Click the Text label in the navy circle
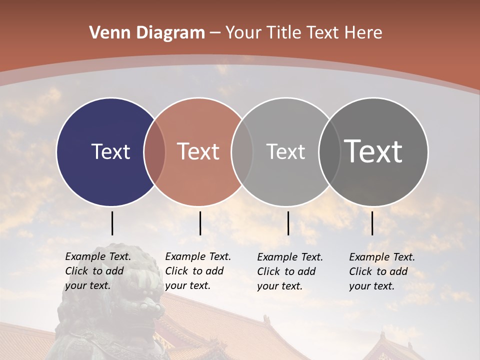pyautogui.click(x=110, y=151)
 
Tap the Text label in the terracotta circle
pyautogui.click(x=198, y=151)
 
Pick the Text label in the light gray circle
pyautogui.click(x=285, y=151)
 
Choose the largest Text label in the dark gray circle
pyautogui.click(x=373, y=151)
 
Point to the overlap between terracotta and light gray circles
pyautogui.click(x=242, y=151)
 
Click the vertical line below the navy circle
pyautogui.click(x=112, y=223)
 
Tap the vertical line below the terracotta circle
pyautogui.click(x=200, y=223)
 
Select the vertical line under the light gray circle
pyautogui.click(x=288, y=223)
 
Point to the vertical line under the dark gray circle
pyautogui.click(x=372, y=223)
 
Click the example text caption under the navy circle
pyautogui.click(x=98, y=271)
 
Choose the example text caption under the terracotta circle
pyautogui.click(x=198, y=271)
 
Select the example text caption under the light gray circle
pyautogui.click(x=290, y=271)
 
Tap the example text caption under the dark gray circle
pyautogui.click(x=382, y=271)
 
